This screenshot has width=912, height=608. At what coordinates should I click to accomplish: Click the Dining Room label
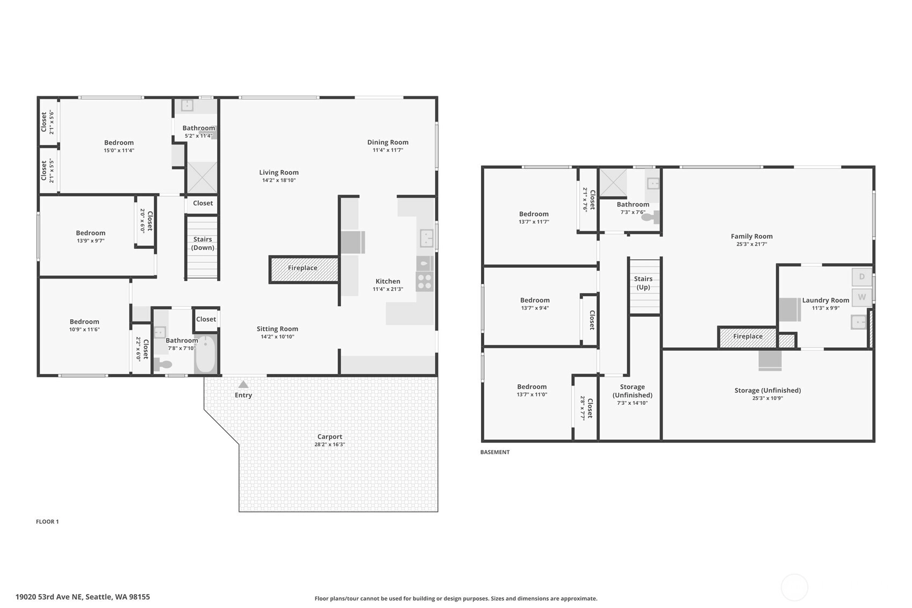tap(387, 142)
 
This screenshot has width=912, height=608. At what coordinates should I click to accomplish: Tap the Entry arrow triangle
tap(243, 384)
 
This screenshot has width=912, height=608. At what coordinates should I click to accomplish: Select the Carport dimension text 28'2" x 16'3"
tap(329, 444)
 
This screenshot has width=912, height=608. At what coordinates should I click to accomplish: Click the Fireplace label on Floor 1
tap(303, 268)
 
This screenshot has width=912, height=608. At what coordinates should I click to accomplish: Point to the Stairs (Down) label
tap(203, 243)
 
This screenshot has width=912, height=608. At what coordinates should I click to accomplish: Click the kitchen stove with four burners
tap(425, 281)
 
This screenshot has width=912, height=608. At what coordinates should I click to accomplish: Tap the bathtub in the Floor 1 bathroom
tap(206, 354)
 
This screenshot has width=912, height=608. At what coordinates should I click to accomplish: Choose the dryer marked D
tap(862, 277)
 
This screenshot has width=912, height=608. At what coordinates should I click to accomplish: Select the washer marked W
tap(862, 297)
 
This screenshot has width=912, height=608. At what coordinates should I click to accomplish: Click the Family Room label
tap(752, 236)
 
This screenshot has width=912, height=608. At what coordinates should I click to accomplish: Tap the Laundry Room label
tap(825, 300)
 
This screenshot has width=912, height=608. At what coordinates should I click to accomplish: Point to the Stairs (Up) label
tap(643, 283)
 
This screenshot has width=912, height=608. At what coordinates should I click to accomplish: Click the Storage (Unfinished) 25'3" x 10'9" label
tap(767, 394)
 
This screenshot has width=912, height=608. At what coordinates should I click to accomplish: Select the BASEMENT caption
tap(494, 452)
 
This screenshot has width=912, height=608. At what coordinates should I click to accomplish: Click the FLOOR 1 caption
tap(47, 521)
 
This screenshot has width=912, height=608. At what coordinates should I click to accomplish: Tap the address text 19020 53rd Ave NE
tap(49, 597)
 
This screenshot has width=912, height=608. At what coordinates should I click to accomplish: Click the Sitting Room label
tap(277, 328)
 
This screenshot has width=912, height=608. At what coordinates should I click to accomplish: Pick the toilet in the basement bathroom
tap(650, 217)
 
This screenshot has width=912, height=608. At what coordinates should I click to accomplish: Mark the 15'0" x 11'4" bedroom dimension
tap(119, 151)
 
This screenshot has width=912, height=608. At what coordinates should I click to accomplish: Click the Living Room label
tap(279, 172)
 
